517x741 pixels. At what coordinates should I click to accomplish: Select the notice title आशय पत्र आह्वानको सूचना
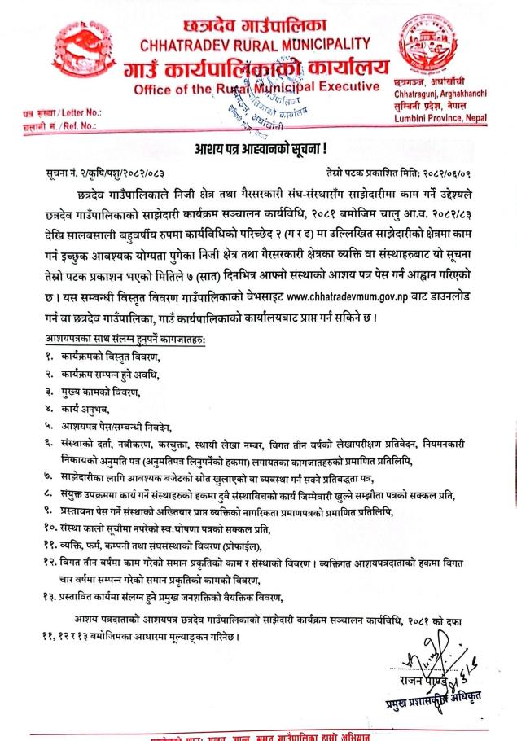(258, 150)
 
